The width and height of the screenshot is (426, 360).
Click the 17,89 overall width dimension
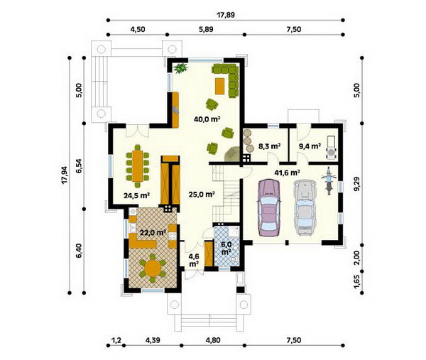pyautogui.click(x=226, y=15)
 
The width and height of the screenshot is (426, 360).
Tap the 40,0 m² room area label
pyautogui.click(x=207, y=119)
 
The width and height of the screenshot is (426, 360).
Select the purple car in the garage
pyautogui.click(x=269, y=207)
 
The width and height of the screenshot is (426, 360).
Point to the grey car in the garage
pyautogui.click(x=305, y=207)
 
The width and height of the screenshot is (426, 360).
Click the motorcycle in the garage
pyautogui.click(x=329, y=180)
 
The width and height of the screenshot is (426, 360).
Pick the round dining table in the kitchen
pyautogui.click(x=153, y=268)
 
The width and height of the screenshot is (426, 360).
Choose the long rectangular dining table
pyautogui.click(x=138, y=166)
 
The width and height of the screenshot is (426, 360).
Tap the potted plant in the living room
pyautogui.click(x=180, y=68)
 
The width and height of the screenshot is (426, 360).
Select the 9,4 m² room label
pyautogui.click(x=310, y=146)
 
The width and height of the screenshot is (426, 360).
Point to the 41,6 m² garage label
pyautogui.click(x=287, y=173)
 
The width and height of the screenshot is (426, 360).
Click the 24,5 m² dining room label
pyautogui.click(x=136, y=195)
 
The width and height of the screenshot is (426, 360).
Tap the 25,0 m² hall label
pyautogui.click(x=202, y=195)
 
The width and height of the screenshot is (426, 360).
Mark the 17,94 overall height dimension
pyautogui.click(x=64, y=175)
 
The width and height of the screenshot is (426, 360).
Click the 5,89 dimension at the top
pyautogui.click(x=206, y=29)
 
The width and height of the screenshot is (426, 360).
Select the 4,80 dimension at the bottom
pyautogui.click(x=213, y=340)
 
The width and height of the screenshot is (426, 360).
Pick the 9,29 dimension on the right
pyautogui.click(x=357, y=184)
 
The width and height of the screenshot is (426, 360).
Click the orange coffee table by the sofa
pyautogui.click(x=220, y=86)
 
